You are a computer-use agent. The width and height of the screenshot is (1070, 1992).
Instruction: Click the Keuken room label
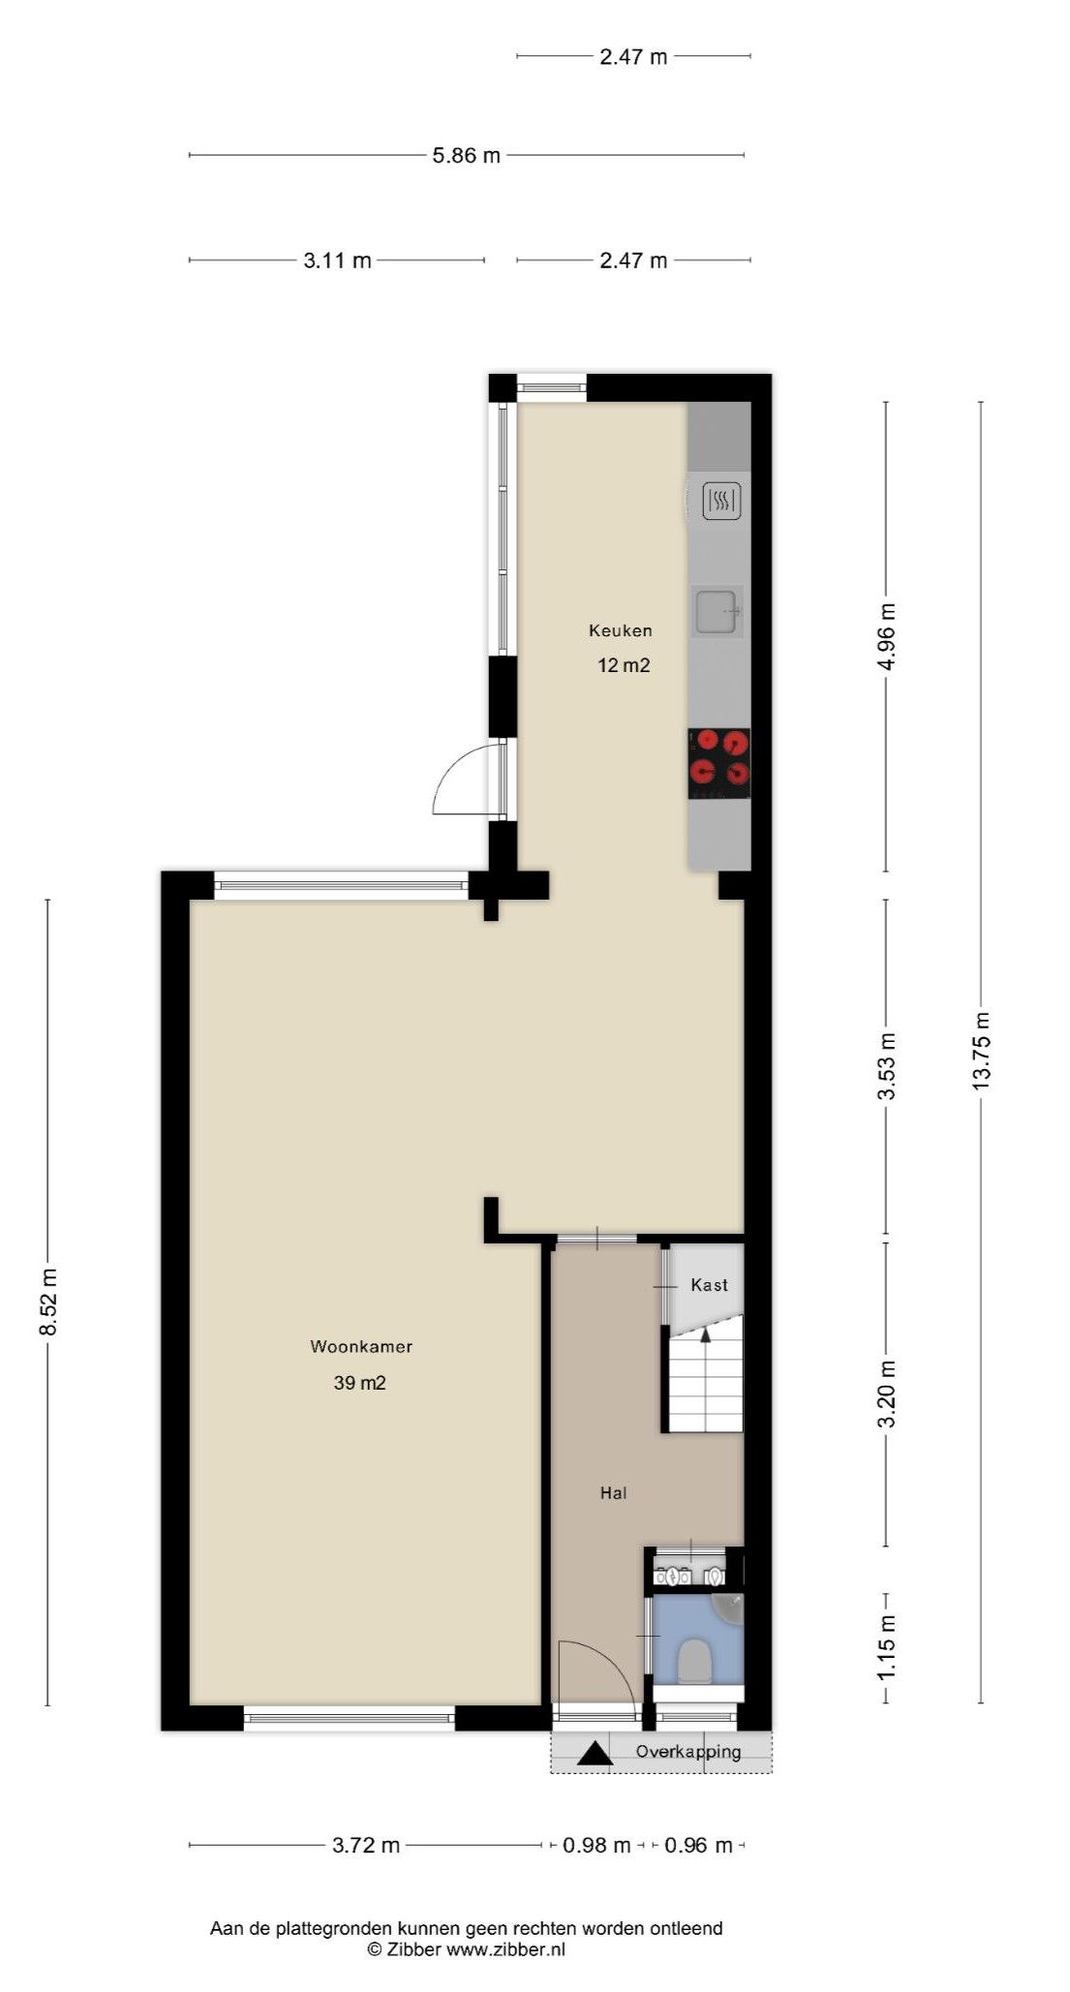[x=620, y=630]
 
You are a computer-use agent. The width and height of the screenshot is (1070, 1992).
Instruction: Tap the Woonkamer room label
[x=361, y=1346]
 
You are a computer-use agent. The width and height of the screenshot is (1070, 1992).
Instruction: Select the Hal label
[x=613, y=1492]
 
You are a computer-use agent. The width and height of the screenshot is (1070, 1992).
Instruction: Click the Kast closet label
[x=709, y=1284]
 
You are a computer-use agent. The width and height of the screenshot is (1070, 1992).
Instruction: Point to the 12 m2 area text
[x=624, y=665]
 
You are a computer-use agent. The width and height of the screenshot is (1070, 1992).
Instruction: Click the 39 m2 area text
[x=360, y=1383]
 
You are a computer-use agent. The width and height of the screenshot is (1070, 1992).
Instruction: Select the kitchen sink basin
[x=718, y=610]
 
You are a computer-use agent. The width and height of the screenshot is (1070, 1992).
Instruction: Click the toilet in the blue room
[x=694, y=1662]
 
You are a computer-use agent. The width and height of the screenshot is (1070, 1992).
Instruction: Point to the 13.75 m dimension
[x=982, y=1051]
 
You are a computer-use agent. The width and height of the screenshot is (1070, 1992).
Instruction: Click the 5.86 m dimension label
[x=466, y=155]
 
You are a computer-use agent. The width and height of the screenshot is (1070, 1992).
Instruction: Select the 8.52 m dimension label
[x=48, y=1302]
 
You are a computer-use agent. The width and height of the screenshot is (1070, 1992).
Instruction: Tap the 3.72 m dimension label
[x=366, y=1845]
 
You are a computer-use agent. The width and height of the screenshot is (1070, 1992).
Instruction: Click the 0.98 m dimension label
[x=596, y=1845]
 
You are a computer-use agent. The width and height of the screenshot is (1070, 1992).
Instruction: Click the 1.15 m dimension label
[x=886, y=1647]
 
